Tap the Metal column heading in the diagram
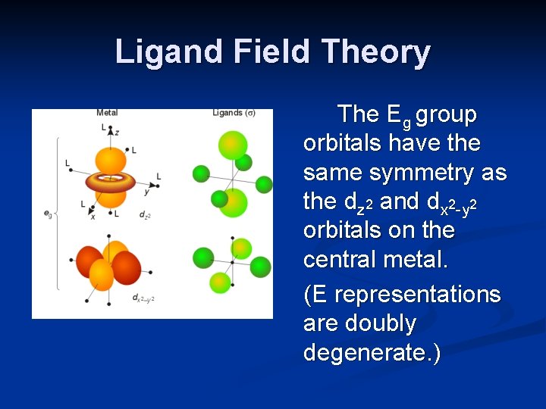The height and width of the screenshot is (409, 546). click(107, 114)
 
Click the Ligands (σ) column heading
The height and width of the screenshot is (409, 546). click(233, 114)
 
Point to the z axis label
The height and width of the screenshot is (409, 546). click(116, 132)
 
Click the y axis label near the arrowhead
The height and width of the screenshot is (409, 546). click(146, 192)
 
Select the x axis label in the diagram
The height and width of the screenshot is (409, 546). click(93, 217)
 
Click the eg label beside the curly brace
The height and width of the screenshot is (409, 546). click(49, 214)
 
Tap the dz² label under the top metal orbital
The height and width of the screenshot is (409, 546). click(144, 216)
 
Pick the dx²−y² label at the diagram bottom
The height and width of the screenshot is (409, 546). click(143, 298)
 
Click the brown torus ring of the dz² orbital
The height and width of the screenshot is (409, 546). click(114, 182)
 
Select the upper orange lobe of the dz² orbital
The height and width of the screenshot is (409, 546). click(111, 160)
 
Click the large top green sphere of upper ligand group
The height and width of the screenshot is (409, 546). click(233, 145)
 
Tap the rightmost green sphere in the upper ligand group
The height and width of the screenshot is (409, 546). click(264, 183)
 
